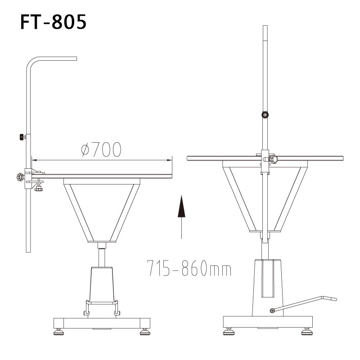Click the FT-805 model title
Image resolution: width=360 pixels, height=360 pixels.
(53, 22)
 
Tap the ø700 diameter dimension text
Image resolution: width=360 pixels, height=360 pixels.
(101, 149)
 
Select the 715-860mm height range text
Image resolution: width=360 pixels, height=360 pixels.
(189, 268)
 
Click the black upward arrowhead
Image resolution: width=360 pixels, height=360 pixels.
(181, 206)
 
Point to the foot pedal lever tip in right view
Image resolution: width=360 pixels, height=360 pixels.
(335, 299)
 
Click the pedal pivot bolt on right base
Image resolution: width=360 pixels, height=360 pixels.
(272, 310)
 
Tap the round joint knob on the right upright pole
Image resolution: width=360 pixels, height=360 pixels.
(265, 115)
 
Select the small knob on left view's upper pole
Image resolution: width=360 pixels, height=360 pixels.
(22, 137)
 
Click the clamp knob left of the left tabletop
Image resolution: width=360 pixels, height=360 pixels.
(20, 177)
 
